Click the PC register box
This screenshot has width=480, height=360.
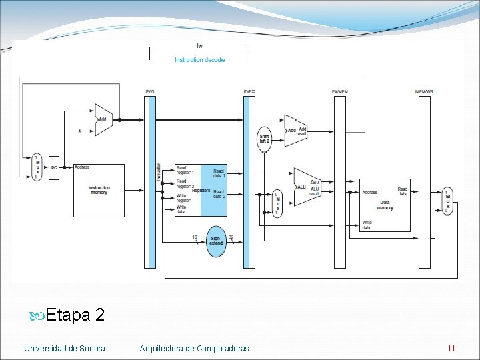coord(54,168)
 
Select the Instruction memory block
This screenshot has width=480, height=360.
coord(99,190)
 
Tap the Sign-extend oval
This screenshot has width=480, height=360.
coord(216,241)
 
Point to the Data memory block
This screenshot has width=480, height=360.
coord(385,205)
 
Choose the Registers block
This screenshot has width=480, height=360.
coord(200,190)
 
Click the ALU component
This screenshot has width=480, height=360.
coord(306,187)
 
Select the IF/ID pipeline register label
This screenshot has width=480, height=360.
coord(149,91)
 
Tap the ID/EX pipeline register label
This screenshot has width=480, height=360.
coord(249,91)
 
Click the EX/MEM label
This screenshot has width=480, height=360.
coord(339,91)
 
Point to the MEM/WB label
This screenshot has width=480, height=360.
coord(424,91)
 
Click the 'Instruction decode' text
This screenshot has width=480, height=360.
coord(199,60)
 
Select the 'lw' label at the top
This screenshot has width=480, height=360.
coord(199,46)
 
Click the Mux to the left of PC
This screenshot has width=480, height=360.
coord(37,167)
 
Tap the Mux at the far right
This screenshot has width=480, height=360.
coord(447,201)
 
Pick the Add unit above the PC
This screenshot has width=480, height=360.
coord(103,120)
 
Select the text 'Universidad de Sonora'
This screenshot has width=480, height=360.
coord(64,349)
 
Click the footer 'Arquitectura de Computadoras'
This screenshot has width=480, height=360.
coord(195,349)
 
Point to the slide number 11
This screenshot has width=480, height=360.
coord(451,349)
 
